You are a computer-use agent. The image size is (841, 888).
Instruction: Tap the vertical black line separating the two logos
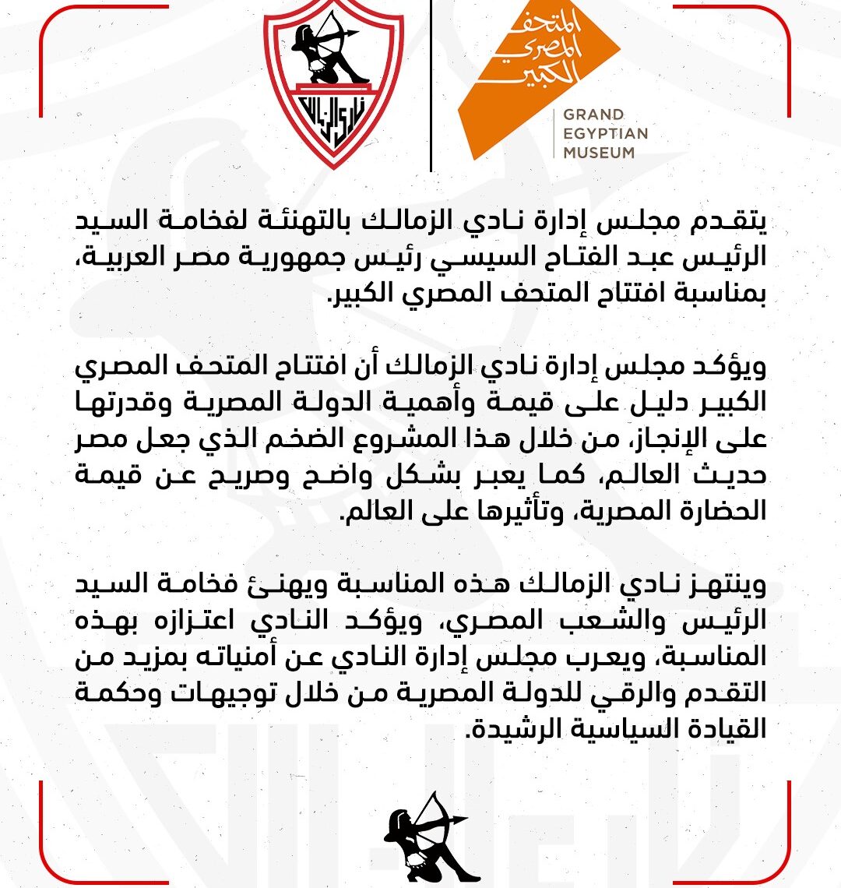click(431, 86)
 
